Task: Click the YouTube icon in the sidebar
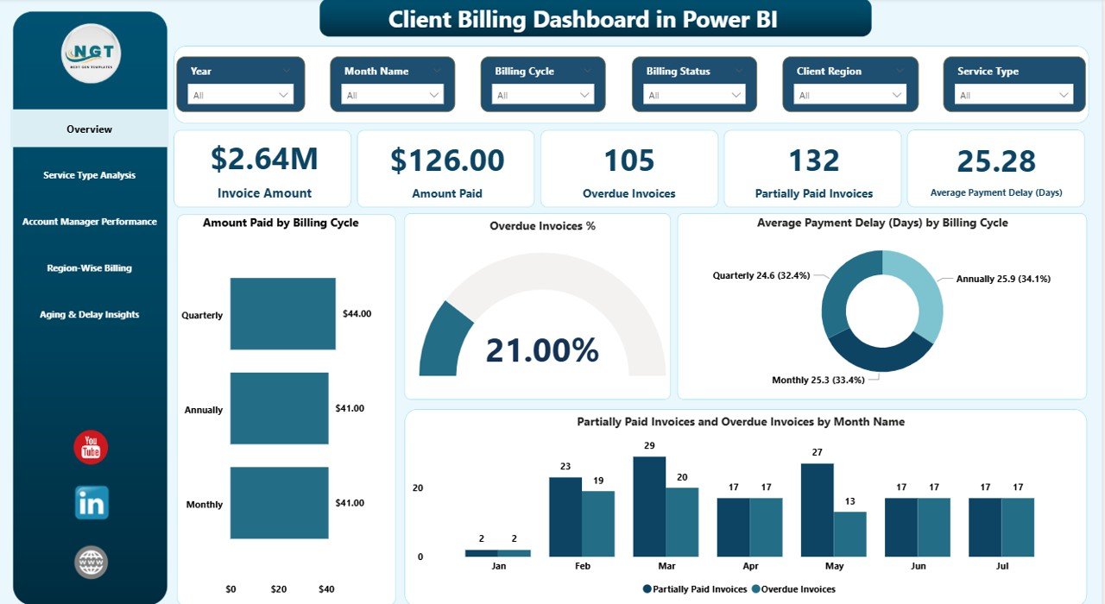[x=91, y=447]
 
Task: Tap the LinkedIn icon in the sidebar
[x=92, y=502]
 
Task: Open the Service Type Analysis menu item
[x=90, y=175]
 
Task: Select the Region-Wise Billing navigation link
[x=90, y=268]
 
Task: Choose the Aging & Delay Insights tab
[x=90, y=315]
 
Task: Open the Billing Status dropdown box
[x=695, y=95]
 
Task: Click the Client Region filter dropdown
[x=845, y=95]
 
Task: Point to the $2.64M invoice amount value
[x=264, y=160]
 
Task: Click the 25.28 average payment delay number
[x=996, y=160]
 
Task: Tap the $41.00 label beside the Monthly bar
[x=350, y=503]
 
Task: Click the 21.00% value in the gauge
[x=542, y=350]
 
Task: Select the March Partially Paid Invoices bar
[x=649, y=506]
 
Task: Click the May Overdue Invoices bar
[x=849, y=534]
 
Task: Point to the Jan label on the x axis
[x=497, y=567]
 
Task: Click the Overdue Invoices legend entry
[x=795, y=589]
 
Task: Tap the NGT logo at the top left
[x=91, y=53]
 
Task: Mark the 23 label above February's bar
[x=565, y=467]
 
